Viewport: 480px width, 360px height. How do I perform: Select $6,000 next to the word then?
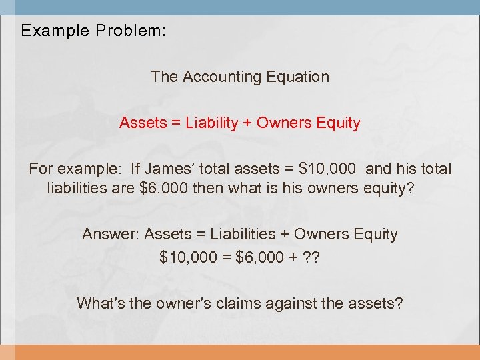tap(165, 189)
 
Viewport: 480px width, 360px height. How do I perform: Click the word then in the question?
tap(208, 189)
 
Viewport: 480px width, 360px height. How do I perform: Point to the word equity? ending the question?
tap(389, 189)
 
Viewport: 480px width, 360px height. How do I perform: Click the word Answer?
tap(111, 235)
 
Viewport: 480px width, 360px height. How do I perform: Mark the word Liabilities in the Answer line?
tap(242, 235)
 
